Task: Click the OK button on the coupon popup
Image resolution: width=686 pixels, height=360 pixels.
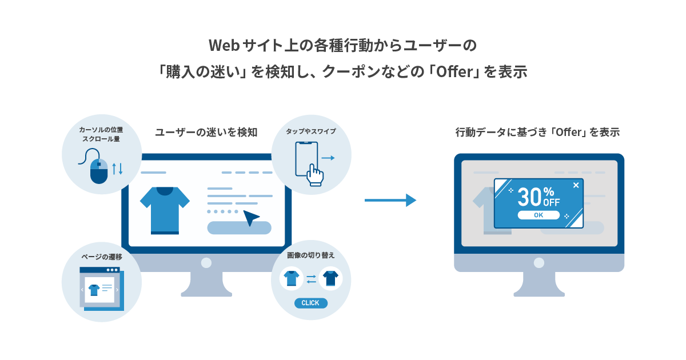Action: point(539,215)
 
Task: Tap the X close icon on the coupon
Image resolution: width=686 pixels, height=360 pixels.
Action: point(576,185)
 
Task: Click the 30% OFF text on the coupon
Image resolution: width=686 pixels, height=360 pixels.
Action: point(539,197)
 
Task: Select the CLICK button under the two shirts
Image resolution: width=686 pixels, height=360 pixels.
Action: point(310,303)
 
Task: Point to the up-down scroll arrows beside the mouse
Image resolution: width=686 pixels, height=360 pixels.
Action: point(117,169)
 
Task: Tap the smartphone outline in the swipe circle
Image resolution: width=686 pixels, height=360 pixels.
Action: point(306,159)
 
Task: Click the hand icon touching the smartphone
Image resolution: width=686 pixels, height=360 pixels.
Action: point(314,175)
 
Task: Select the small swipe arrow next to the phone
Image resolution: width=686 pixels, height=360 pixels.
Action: point(328,158)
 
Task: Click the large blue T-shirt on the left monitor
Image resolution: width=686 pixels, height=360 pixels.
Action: point(165,211)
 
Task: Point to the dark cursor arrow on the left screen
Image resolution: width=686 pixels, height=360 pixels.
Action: point(251,217)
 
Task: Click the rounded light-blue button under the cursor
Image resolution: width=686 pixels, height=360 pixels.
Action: point(239,228)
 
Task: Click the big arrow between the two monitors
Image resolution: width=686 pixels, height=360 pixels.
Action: point(390,200)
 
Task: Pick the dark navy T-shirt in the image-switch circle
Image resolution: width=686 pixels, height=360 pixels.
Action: point(330,278)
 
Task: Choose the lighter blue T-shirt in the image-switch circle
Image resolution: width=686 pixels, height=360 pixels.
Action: point(291,278)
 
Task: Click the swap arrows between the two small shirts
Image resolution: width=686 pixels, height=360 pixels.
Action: point(311,279)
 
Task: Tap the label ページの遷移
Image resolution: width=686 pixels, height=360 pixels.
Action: point(102,257)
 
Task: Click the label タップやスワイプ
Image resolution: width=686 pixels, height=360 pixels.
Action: point(311,131)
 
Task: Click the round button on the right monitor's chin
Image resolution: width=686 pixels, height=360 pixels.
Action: point(539,263)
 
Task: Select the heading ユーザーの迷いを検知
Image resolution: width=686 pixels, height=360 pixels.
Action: point(206,132)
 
